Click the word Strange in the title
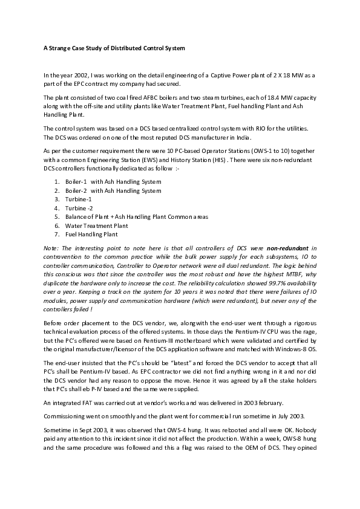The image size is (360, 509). pyautogui.click(x=53, y=47)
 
